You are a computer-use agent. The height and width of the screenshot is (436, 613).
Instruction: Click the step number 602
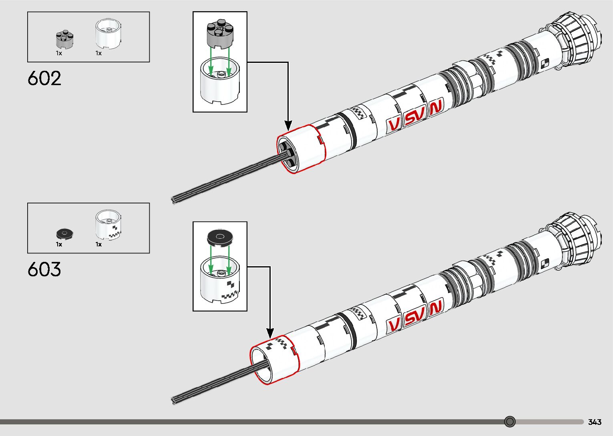(44, 78)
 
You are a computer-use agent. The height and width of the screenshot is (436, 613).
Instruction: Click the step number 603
(44, 269)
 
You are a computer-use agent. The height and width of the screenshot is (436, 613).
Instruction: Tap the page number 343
(595, 422)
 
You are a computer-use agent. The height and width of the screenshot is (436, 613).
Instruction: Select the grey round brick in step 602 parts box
(64, 39)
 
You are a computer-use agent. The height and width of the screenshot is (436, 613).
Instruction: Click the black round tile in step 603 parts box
(65, 233)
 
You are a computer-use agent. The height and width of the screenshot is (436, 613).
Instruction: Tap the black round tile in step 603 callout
(220, 238)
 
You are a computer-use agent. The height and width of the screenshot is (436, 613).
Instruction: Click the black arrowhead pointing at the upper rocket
(287, 125)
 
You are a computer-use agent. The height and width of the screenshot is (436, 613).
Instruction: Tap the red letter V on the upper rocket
(394, 125)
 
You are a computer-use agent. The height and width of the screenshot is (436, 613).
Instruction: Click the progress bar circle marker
(510, 422)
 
